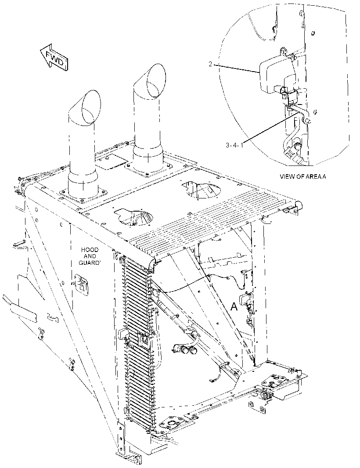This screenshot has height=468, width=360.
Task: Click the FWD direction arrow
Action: pos(54,58)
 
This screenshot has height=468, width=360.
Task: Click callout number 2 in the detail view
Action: pos(210,64)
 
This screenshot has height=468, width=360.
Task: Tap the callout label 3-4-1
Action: pos(234,145)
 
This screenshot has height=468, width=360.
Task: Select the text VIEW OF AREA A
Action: pos(302,176)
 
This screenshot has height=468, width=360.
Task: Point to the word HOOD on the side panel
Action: pos(90,249)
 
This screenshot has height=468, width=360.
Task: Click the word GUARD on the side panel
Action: pos(89,263)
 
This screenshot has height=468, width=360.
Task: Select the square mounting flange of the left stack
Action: pos(83,196)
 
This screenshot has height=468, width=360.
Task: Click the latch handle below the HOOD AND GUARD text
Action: pos(81,284)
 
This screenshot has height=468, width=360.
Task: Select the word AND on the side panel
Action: pos(90,256)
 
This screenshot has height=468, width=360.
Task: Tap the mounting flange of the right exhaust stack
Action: pos(148,169)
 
